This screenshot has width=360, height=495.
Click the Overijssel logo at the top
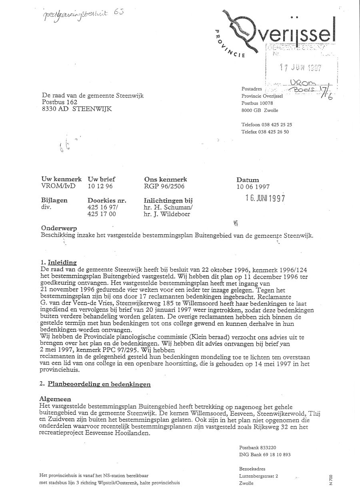pyautogui.click(x=276, y=30)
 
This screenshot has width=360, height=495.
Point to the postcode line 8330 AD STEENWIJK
pyautogui.click(x=77, y=109)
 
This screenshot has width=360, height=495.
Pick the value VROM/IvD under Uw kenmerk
pyautogui.click(x=58, y=186)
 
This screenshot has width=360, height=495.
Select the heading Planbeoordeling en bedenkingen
pyautogui.click(x=99, y=385)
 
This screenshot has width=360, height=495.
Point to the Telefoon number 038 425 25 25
pyautogui.click(x=267, y=124)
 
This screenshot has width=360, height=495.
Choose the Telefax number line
pyautogui.click(x=265, y=131)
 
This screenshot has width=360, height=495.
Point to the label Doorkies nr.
pyautogui.click(x=107, y=201)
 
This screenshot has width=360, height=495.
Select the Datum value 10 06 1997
pyautogui.click(x=253, y=186)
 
